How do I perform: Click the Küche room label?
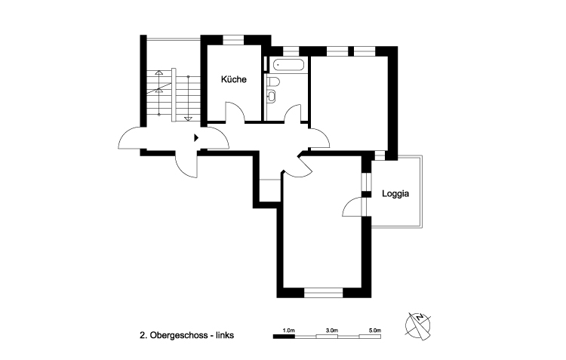click(233, 79)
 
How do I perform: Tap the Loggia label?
click(395, 193)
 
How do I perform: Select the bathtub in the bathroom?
click(287, 65)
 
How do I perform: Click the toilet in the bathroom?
click(275, 82)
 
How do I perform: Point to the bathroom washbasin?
click(271, 96)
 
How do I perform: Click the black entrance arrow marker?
click(196, 137)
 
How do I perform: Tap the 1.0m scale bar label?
click(288, 331)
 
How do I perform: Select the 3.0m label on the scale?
click(331, 331)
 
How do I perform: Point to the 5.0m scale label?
click(375, 331)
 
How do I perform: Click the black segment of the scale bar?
click(283, 337)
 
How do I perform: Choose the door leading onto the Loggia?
click(352, 206)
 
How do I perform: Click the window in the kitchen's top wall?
click(233, 36)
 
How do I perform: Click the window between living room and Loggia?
click(365, 181)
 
